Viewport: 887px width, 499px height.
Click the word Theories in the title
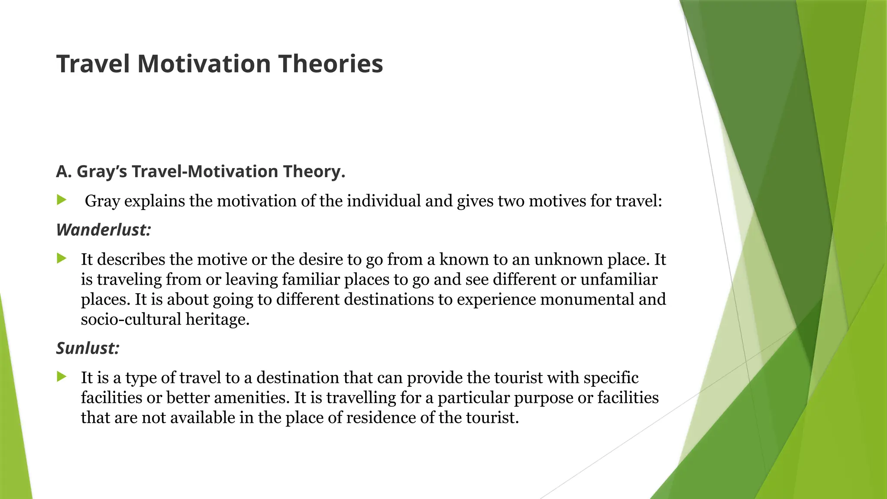click(330, 64)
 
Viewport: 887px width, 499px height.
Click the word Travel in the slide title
click(93, 64)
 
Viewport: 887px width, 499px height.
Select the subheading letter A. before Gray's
click(63, 172)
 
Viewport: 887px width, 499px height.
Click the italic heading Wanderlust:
click(104, 230)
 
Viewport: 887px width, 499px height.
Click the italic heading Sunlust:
click(87, 348)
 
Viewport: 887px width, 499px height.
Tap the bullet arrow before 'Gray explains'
click(62, 200)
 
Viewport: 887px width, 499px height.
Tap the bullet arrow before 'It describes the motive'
click(62, 259)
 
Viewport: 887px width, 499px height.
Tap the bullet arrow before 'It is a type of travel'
click(62, 377)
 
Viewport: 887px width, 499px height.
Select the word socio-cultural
click(131, 320)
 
